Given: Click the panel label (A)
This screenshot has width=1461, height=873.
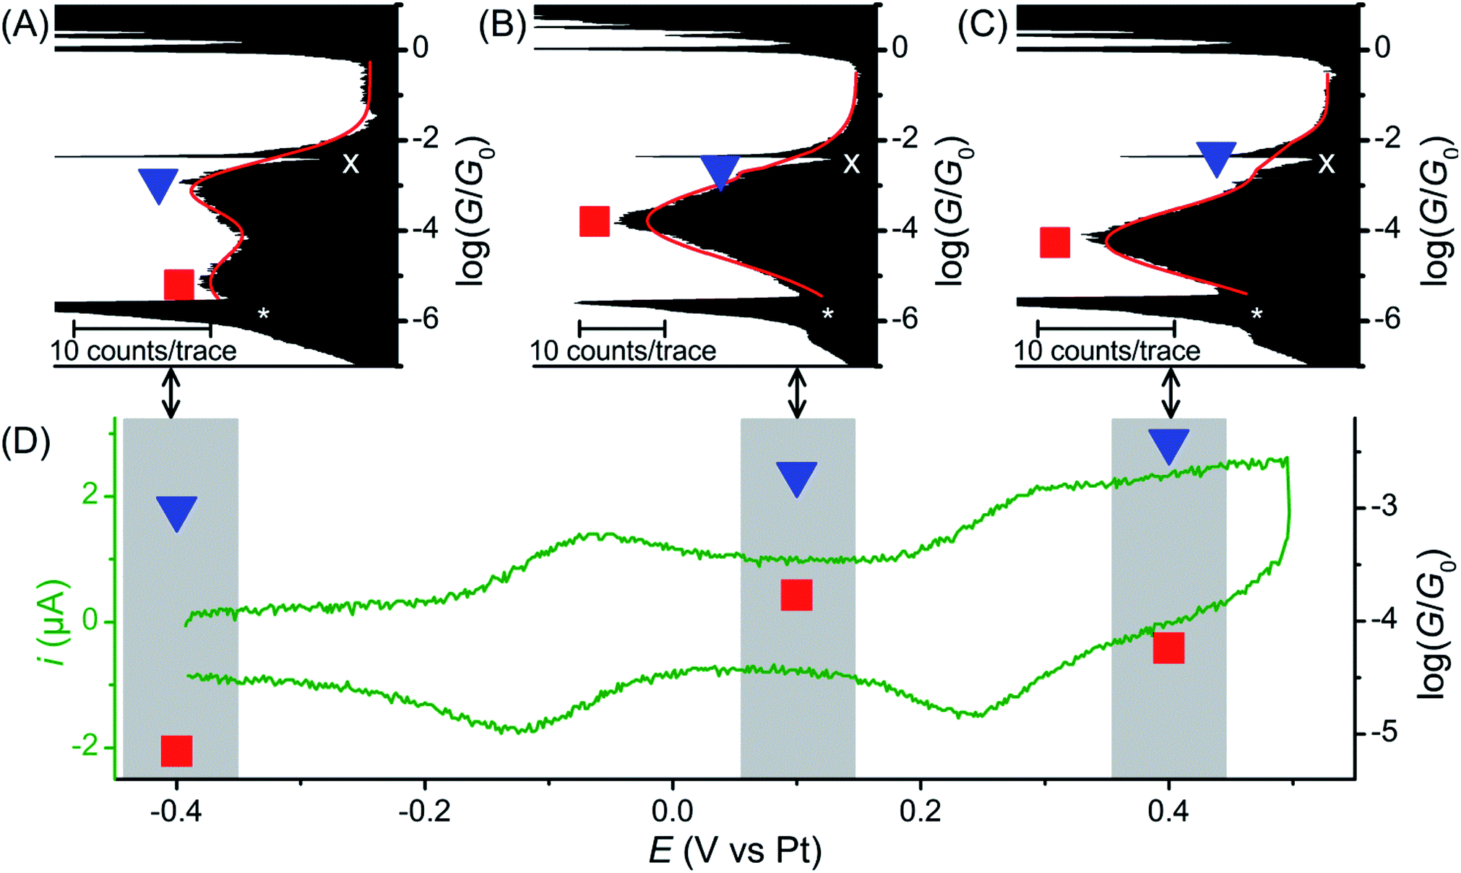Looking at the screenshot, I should (x=25, y=27).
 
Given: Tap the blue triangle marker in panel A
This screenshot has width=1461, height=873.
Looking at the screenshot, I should (x=158, y=184).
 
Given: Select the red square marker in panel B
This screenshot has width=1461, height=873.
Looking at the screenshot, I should (x=595, y=221).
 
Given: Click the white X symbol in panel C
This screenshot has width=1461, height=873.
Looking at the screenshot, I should (x=1327, y=165).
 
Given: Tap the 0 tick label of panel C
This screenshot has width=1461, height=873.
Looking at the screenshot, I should (x=1382, y=48).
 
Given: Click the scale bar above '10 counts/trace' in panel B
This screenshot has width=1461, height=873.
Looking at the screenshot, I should (x=621, y=329).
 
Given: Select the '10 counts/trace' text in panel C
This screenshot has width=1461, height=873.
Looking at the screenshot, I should (x=1106, y=351).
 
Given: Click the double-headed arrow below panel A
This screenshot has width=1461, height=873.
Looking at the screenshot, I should (x=171, y=393).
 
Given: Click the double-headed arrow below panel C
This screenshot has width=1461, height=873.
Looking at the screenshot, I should (x=1171, y=393).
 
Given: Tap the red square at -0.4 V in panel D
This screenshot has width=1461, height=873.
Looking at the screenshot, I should (x=177, y=751).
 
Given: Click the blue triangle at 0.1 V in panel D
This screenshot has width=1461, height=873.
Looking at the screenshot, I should (x=796, y=478).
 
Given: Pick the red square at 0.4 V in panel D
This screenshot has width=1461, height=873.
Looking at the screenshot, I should (x=1168, y=648).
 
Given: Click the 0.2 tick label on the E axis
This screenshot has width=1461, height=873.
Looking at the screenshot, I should (x=920, y=812).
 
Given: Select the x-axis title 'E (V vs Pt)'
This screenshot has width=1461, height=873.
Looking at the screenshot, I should (x=735, y=851).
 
